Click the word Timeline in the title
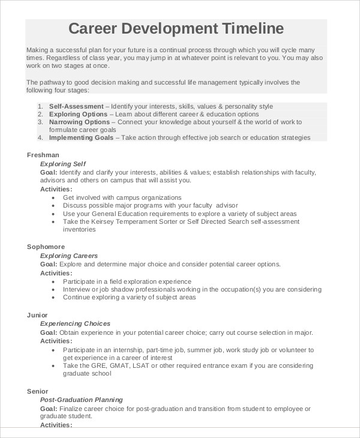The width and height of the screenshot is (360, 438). point(253,29)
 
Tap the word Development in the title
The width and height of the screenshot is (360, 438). point(170,29)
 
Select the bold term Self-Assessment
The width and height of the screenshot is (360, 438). point(76,106)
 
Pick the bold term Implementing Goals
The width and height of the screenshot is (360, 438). point(81,137)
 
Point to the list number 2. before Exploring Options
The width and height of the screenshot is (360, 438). point(40,114)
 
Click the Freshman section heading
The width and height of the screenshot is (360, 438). point(43,155)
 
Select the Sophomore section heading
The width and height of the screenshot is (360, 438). point(46,247)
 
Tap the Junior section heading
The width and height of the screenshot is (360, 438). point(37,315)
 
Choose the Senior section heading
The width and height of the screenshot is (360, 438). point(37,391)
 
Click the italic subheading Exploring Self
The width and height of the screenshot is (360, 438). point(63,163)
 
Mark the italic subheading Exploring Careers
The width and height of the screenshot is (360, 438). point(68,256)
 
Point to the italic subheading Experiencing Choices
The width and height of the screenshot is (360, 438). point(75,324)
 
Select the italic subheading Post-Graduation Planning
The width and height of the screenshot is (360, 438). point(81,400)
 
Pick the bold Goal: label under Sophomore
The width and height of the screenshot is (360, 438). point(49,264)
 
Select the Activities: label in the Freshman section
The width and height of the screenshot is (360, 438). point(56,189)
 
